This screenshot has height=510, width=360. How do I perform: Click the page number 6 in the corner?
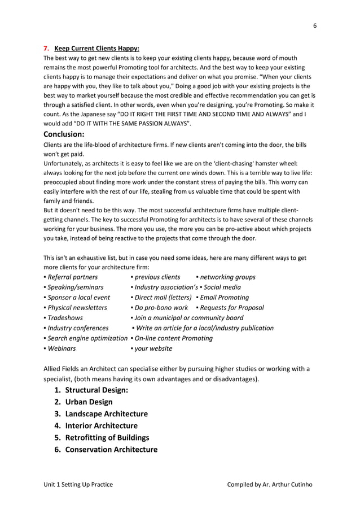point(315,25)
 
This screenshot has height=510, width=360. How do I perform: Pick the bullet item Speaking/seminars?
point(73,287)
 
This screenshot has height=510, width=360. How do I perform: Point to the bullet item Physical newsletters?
point(75,308)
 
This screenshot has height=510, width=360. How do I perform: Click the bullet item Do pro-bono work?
point(159,308)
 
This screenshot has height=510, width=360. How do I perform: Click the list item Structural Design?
point(96,390)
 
